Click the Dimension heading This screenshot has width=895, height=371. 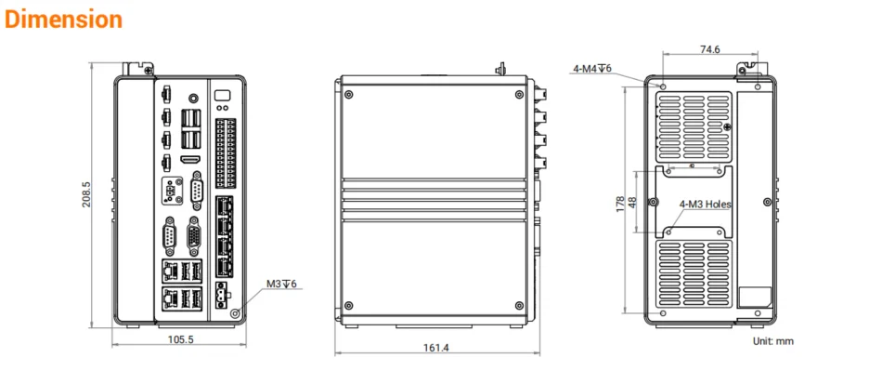pyautogui.click(x=63, y=20)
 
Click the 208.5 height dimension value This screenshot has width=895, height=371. pyautogui.click(x=86, y=194)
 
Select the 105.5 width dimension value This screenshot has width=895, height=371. pyautogui.click(x=180, y=339)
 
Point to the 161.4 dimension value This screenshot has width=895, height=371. pyautogui.click(x=436, y=348)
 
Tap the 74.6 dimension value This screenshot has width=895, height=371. pyautogui.click(x=709, y=49)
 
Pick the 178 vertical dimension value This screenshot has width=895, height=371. pyautogui.click(x=620, y=204)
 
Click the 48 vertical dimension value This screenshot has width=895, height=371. pyautogui.click(x=632, y=203)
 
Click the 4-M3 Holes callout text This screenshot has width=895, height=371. pyautogui.click(x=705, y=204)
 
